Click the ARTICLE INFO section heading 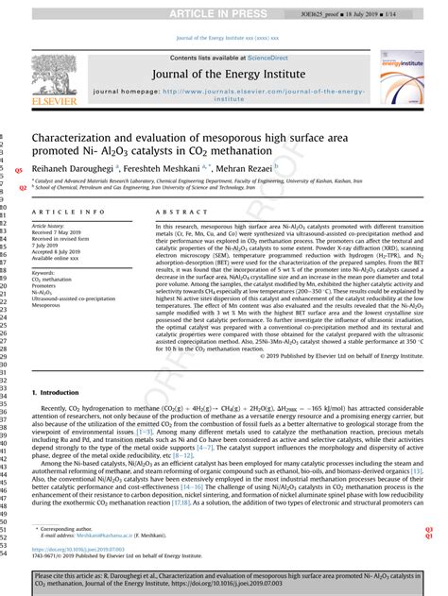click(69, 213)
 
